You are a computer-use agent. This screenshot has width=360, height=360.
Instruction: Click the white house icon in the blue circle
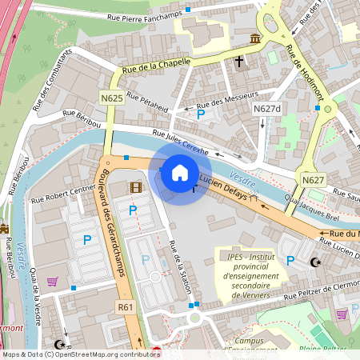[x=180, y=172]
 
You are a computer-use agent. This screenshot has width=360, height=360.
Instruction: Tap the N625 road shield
[x=113, y=98]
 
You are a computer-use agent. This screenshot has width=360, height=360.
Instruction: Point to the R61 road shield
[x=125, y=306]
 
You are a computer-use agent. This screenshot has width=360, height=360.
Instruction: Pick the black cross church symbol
[x=238, y=61]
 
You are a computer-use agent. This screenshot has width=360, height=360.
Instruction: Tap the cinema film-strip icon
[x=135, y=188]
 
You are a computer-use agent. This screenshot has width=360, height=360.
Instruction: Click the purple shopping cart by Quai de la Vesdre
[x=53, y=281]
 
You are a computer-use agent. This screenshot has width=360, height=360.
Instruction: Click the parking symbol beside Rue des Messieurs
[x=200, y=115]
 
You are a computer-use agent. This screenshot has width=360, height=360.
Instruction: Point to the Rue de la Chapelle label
[x=157, y=66]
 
